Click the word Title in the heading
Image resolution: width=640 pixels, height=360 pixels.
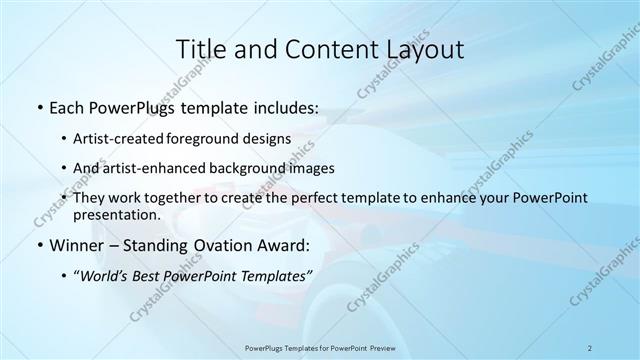pyautogui.click(x=200, y=49)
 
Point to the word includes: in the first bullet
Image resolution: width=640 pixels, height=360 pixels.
pyautogui.click(x=284, y=105)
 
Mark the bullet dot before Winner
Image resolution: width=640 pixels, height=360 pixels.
pyautogui.click(x=38, y=246)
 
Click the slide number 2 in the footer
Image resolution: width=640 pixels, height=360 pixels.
pyautogui.click(x=590, y=347)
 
